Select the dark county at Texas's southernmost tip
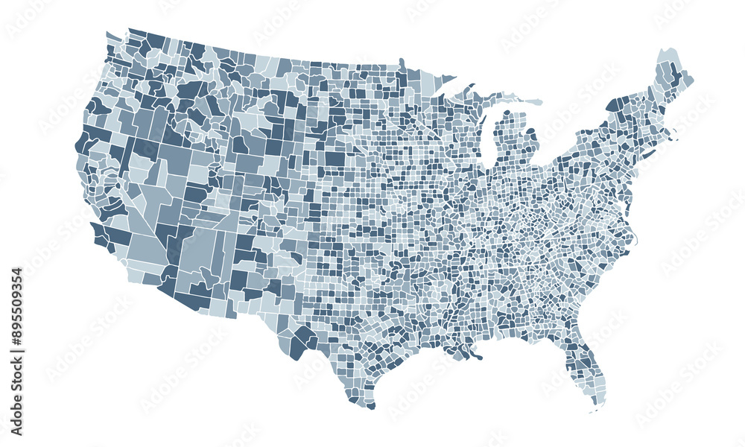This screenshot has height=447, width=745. click(x=370, y=406)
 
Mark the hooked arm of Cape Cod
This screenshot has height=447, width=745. click(x=674, y=135)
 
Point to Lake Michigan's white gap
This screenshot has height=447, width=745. click(x=488, y=142)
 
